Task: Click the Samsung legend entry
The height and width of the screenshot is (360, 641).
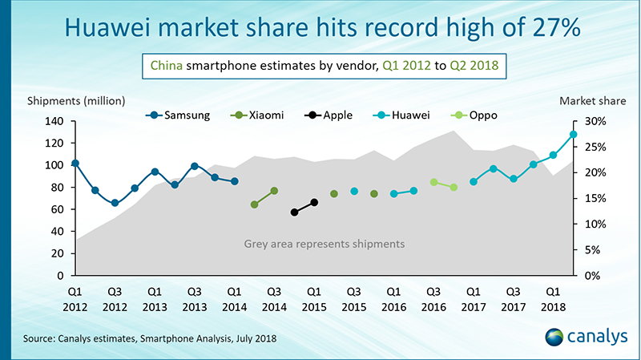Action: (x=183, y=115)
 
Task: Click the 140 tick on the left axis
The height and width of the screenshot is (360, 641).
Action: (x=52, y=121)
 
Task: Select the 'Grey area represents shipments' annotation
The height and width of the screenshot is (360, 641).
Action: (x=324, y=242)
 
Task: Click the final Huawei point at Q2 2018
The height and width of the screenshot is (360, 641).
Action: (x=573, y=135)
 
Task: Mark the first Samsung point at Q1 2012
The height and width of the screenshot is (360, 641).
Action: (x=75, y=164)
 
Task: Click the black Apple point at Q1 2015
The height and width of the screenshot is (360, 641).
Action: (x=314, y=202)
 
